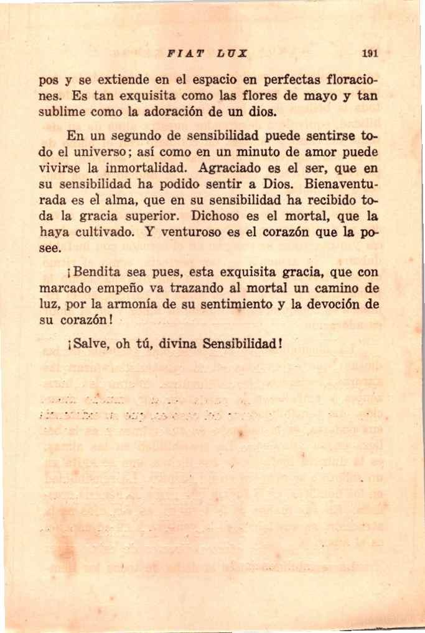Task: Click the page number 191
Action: (370, 53)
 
